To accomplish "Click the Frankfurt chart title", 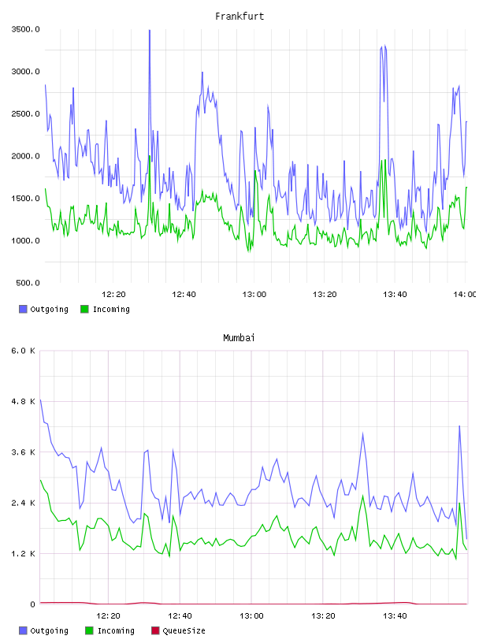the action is coord(239,17).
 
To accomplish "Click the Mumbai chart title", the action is coord(239,338).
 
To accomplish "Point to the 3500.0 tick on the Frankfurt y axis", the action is coord(25,29).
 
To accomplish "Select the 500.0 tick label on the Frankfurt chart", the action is coord(28,283).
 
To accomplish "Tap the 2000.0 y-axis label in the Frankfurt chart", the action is coord(25,156).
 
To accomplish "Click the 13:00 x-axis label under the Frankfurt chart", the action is coord(254,295).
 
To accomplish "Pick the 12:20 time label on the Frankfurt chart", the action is coord(113,295).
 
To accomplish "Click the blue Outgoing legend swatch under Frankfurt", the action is coord(23,309).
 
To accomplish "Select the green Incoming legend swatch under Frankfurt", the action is coord(84,309).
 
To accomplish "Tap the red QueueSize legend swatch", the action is coord(155,630).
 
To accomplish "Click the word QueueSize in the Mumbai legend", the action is coord(184,630).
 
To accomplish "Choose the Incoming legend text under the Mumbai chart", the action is coord(116,630).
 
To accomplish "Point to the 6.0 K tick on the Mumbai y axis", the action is coord(24,351).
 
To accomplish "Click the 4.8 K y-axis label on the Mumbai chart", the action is coord(24,401).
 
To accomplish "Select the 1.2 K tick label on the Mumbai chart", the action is coord(24,554).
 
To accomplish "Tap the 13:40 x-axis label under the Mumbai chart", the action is coord(395,616).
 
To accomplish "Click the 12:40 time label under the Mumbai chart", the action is coord(180,616).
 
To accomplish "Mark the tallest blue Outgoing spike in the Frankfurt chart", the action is coord(150,31).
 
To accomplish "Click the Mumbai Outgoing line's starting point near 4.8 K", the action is coord(40,400).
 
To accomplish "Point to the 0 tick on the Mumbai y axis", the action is coord(32,604).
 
